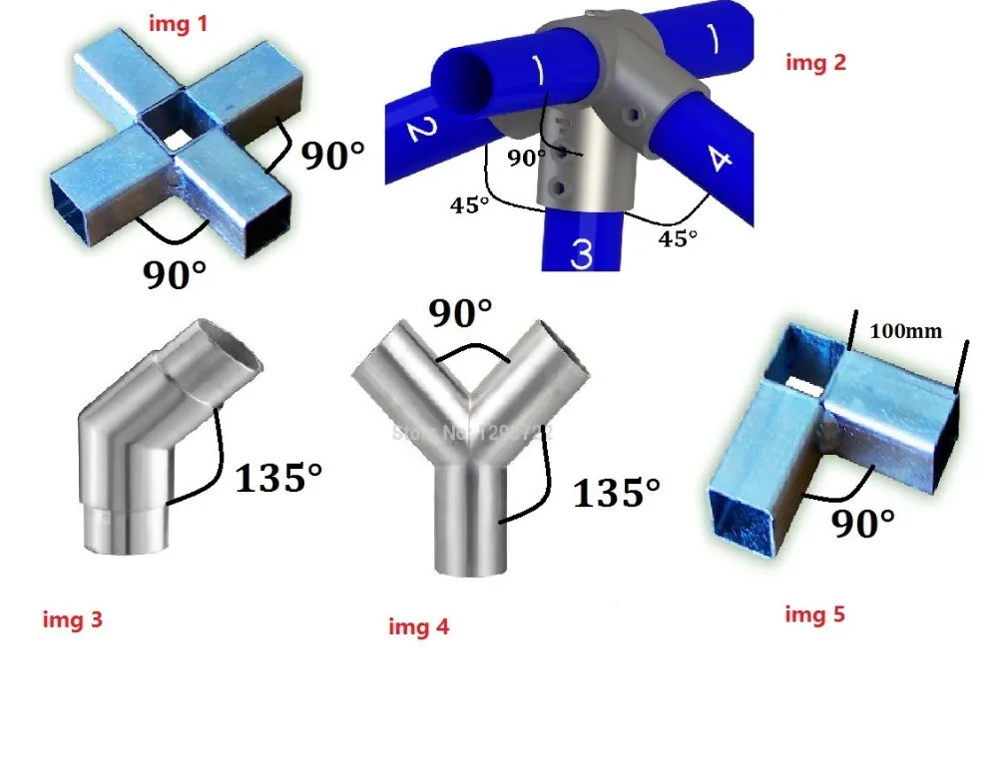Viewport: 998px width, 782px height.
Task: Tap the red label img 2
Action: tap(816, 62)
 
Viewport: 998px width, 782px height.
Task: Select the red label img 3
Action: tap(73, 619)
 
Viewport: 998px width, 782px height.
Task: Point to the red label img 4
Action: tap(419, 626)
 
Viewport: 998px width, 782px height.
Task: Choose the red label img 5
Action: tap(814, 613)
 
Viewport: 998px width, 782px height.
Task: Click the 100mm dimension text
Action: tap(906, 331)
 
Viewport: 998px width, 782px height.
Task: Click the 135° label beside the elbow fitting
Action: tap(278, 479)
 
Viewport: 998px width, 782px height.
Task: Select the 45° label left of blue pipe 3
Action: tap(467, 206)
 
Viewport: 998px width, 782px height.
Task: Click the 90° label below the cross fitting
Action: tap(176, 274)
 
